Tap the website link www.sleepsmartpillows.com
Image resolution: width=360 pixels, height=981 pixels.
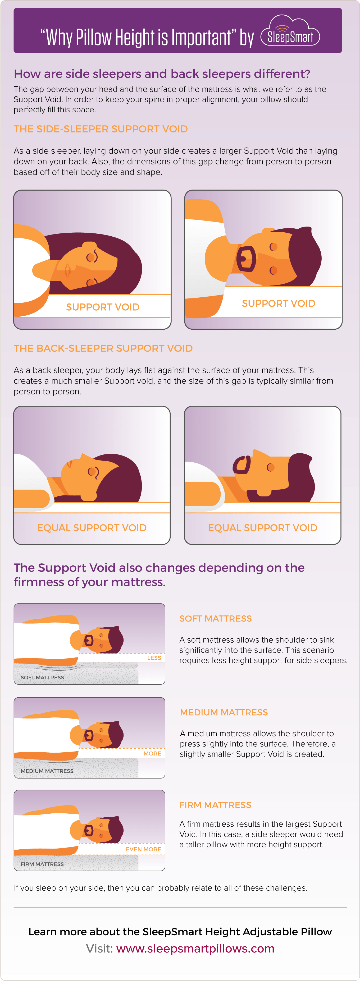click(x=195, y=948)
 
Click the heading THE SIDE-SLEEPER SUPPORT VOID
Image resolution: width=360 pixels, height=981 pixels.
click(x=101, y=129)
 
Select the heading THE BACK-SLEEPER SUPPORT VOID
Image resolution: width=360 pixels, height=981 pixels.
click(x=103, y=348)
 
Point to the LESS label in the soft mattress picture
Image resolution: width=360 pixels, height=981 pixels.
click(x=154, y=658)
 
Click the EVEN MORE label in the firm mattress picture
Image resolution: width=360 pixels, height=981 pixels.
click(x=143, y=849)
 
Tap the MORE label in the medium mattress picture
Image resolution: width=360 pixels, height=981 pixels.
click(x=152, y=753)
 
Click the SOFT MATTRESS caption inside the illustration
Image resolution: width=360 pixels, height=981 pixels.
click(x=42, y=678)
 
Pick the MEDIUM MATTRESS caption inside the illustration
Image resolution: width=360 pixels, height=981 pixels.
click(x=47, y=771)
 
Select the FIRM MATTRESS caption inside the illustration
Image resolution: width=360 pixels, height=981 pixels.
click(x=42, y=864)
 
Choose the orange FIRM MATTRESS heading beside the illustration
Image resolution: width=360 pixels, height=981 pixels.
click(x=215, y=805)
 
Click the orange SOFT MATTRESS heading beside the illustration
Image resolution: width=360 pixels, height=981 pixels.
click(x=215, y=619)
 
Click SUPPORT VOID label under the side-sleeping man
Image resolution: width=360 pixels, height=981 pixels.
click(x=279, y=303)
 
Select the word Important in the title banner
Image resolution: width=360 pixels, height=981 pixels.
click(x=201, y=38)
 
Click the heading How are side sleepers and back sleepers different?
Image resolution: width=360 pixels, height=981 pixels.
click(x=162, y=73)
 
